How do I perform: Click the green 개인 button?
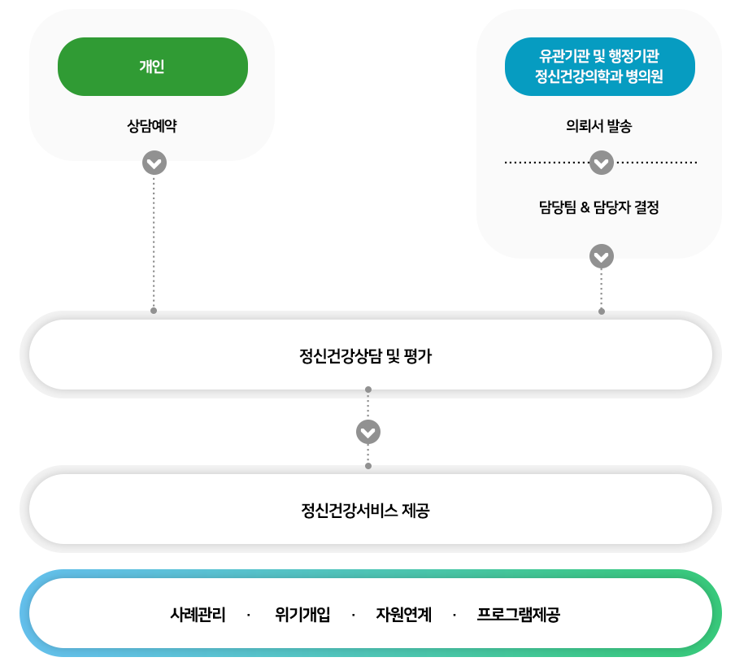point(152,67)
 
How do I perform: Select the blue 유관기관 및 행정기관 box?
point(599,67)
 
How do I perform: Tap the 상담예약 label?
point(152,126)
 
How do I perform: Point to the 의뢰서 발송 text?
point(599,126)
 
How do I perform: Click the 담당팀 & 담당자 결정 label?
point(599,207)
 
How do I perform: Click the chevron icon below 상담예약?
point(154,163)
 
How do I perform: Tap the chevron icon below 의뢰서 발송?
point(601,163)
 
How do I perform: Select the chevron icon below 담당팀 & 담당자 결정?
point(601,256)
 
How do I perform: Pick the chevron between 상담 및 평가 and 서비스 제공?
point(368,431)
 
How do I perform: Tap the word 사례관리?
point(198,614)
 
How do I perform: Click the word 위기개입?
point(302,614)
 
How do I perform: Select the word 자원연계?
point(403,614)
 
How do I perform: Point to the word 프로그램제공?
point(518,614)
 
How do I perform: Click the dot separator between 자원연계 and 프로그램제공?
point(454,614)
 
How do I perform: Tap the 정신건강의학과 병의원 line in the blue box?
point(599,77)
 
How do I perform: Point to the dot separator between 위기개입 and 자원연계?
point(354,614)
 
